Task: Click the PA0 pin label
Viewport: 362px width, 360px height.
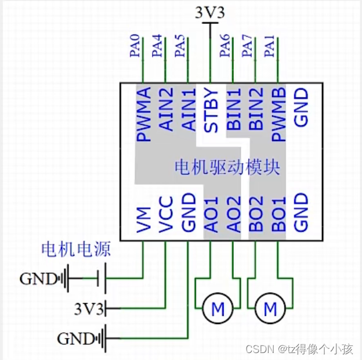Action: [135, 47]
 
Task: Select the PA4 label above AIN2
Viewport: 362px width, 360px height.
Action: [157, 47]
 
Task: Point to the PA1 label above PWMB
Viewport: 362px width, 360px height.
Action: [270, 47]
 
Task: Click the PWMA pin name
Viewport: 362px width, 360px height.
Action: [143, 115]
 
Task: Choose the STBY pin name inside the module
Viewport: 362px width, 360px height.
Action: [211, 110]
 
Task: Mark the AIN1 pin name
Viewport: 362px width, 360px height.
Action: [189, 110]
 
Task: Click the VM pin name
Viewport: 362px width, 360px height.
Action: [143, 221]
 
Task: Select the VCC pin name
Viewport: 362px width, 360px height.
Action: [166, 215]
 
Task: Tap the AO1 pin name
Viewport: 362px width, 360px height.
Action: [211, 215]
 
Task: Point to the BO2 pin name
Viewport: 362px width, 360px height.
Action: [256, 215]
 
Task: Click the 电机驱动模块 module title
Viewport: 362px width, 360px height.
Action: [227, 168]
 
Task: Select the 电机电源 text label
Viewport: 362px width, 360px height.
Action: [75, 250]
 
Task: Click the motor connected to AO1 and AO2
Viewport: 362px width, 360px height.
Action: [218, 309]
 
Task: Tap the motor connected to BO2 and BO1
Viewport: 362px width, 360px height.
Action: [270, 309]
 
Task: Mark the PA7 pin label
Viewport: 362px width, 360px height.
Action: [248, 47]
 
